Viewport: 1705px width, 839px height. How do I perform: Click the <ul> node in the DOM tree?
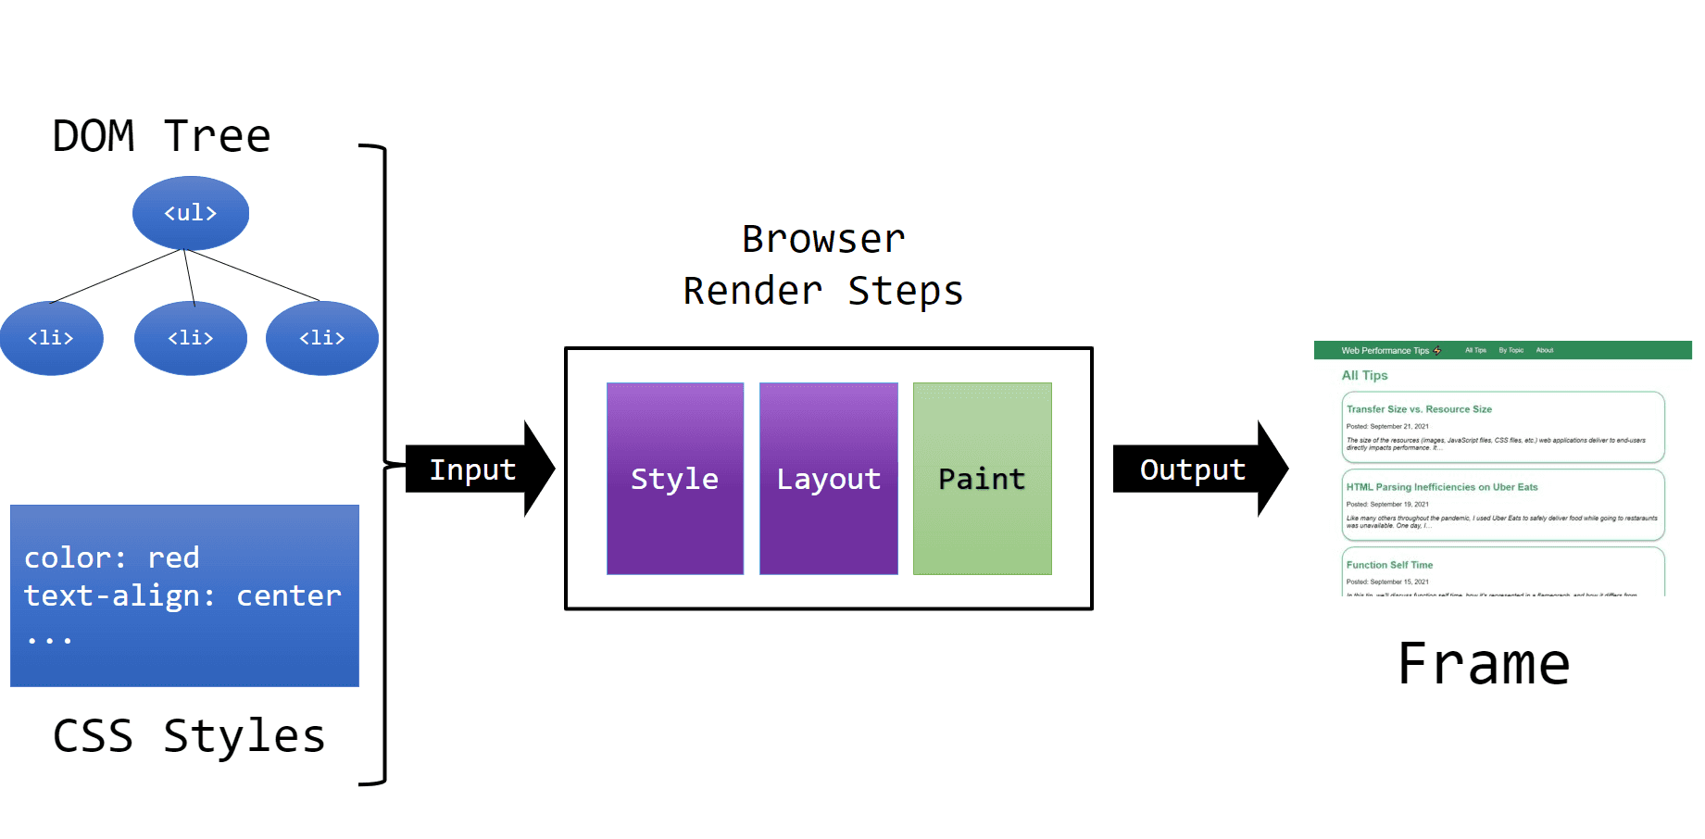click(191, 213)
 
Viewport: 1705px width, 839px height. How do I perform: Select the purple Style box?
click(675, 479)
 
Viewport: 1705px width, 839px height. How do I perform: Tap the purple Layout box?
click(829, 479)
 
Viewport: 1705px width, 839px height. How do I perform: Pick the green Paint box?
click(982, 479)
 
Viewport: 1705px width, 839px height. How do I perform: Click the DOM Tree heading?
click(162, 136)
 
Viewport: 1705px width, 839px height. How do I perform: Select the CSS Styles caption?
click(189, 736)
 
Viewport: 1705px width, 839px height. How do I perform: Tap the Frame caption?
click(1484, 664)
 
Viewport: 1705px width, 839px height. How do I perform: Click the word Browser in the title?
click(823, 239)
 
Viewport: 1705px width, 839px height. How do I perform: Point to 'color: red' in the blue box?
click(112, 557)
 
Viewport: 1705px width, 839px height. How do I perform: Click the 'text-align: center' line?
click(182, 595)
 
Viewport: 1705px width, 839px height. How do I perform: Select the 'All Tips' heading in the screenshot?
click(1364, 375)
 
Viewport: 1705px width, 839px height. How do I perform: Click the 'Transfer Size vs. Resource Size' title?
click(1419, 409)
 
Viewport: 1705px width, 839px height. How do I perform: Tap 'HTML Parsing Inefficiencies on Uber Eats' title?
click(1442, 487)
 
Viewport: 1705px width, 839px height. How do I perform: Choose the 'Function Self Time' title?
click(1389, 565)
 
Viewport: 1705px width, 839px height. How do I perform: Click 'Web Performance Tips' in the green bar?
click(1385, 351)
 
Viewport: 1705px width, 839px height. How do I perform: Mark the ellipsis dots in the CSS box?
click(49, 640)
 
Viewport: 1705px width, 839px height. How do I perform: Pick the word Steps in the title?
click(906, 291)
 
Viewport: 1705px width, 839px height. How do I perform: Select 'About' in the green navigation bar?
click(1545, 350)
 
